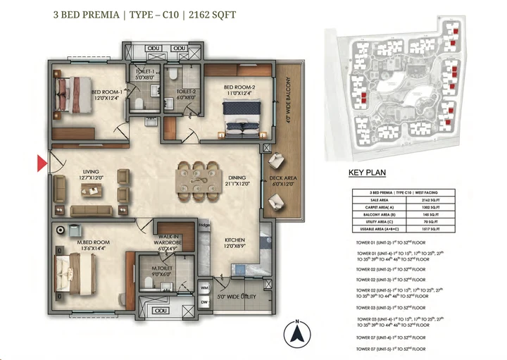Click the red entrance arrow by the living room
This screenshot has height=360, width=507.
[42, 164]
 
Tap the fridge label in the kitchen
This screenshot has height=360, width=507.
[203, 226]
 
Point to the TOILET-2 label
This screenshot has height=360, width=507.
[186, 94]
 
